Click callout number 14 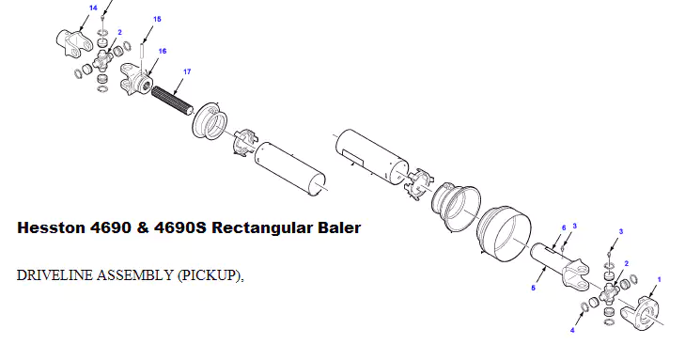[92, 8]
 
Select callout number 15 [156, 19]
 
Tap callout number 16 [163, 52]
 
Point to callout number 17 [187, 71]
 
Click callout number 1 [659, 279]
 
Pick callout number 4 [573, 330]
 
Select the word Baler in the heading [338, 228]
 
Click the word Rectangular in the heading [265, 228]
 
